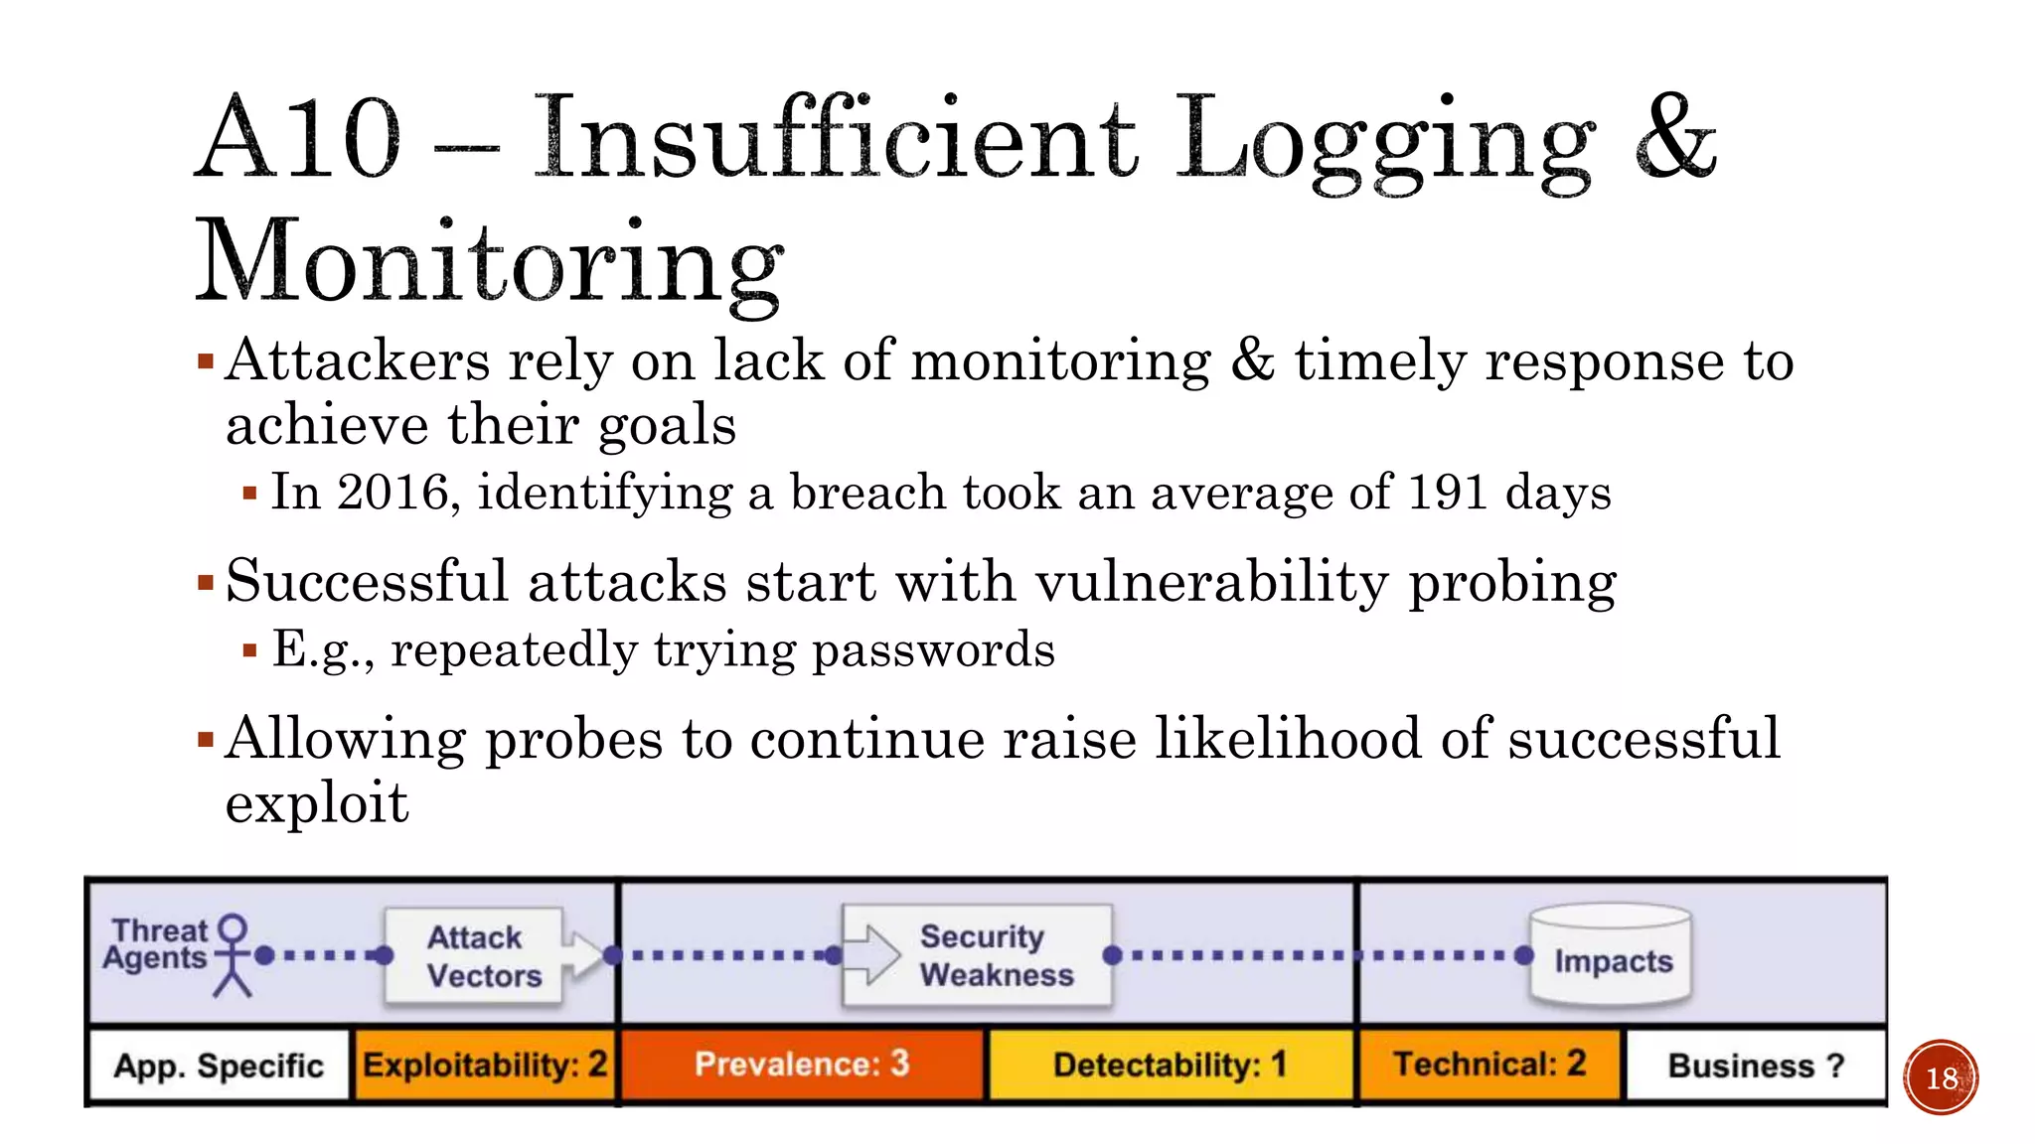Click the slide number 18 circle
pyautogui.click(x=1941, y=1077)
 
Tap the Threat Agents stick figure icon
pyautogui.click(x=233, y=954)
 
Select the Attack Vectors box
pyautogui.click(x=475, y=955)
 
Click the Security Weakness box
pyautogui.click(x=978, y=955)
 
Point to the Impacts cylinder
pyautogui.click(x=1611, y=955)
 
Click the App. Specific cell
pyautogui.click(x=219, y=1066)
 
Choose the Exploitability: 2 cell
pyautogui.click(x=484, y=1066)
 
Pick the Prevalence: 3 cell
pyautogui.click(x=802, y=1065)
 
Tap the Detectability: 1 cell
pyautogui.click(x=1170, y=1066)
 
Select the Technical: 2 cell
pyautogui.click(x=1488, y=1065)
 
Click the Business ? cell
pyautogui.click(x=1755, y=1066)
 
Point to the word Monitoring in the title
pyautogui.click(x=489, y=262)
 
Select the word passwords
pyautogui.click(x=933, y=650)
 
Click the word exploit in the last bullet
pyautogui.click(x=316, y=802)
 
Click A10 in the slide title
pyautogui.click(x=298, y=139)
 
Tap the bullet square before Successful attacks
pyautogui.click(x=206, y=583)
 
